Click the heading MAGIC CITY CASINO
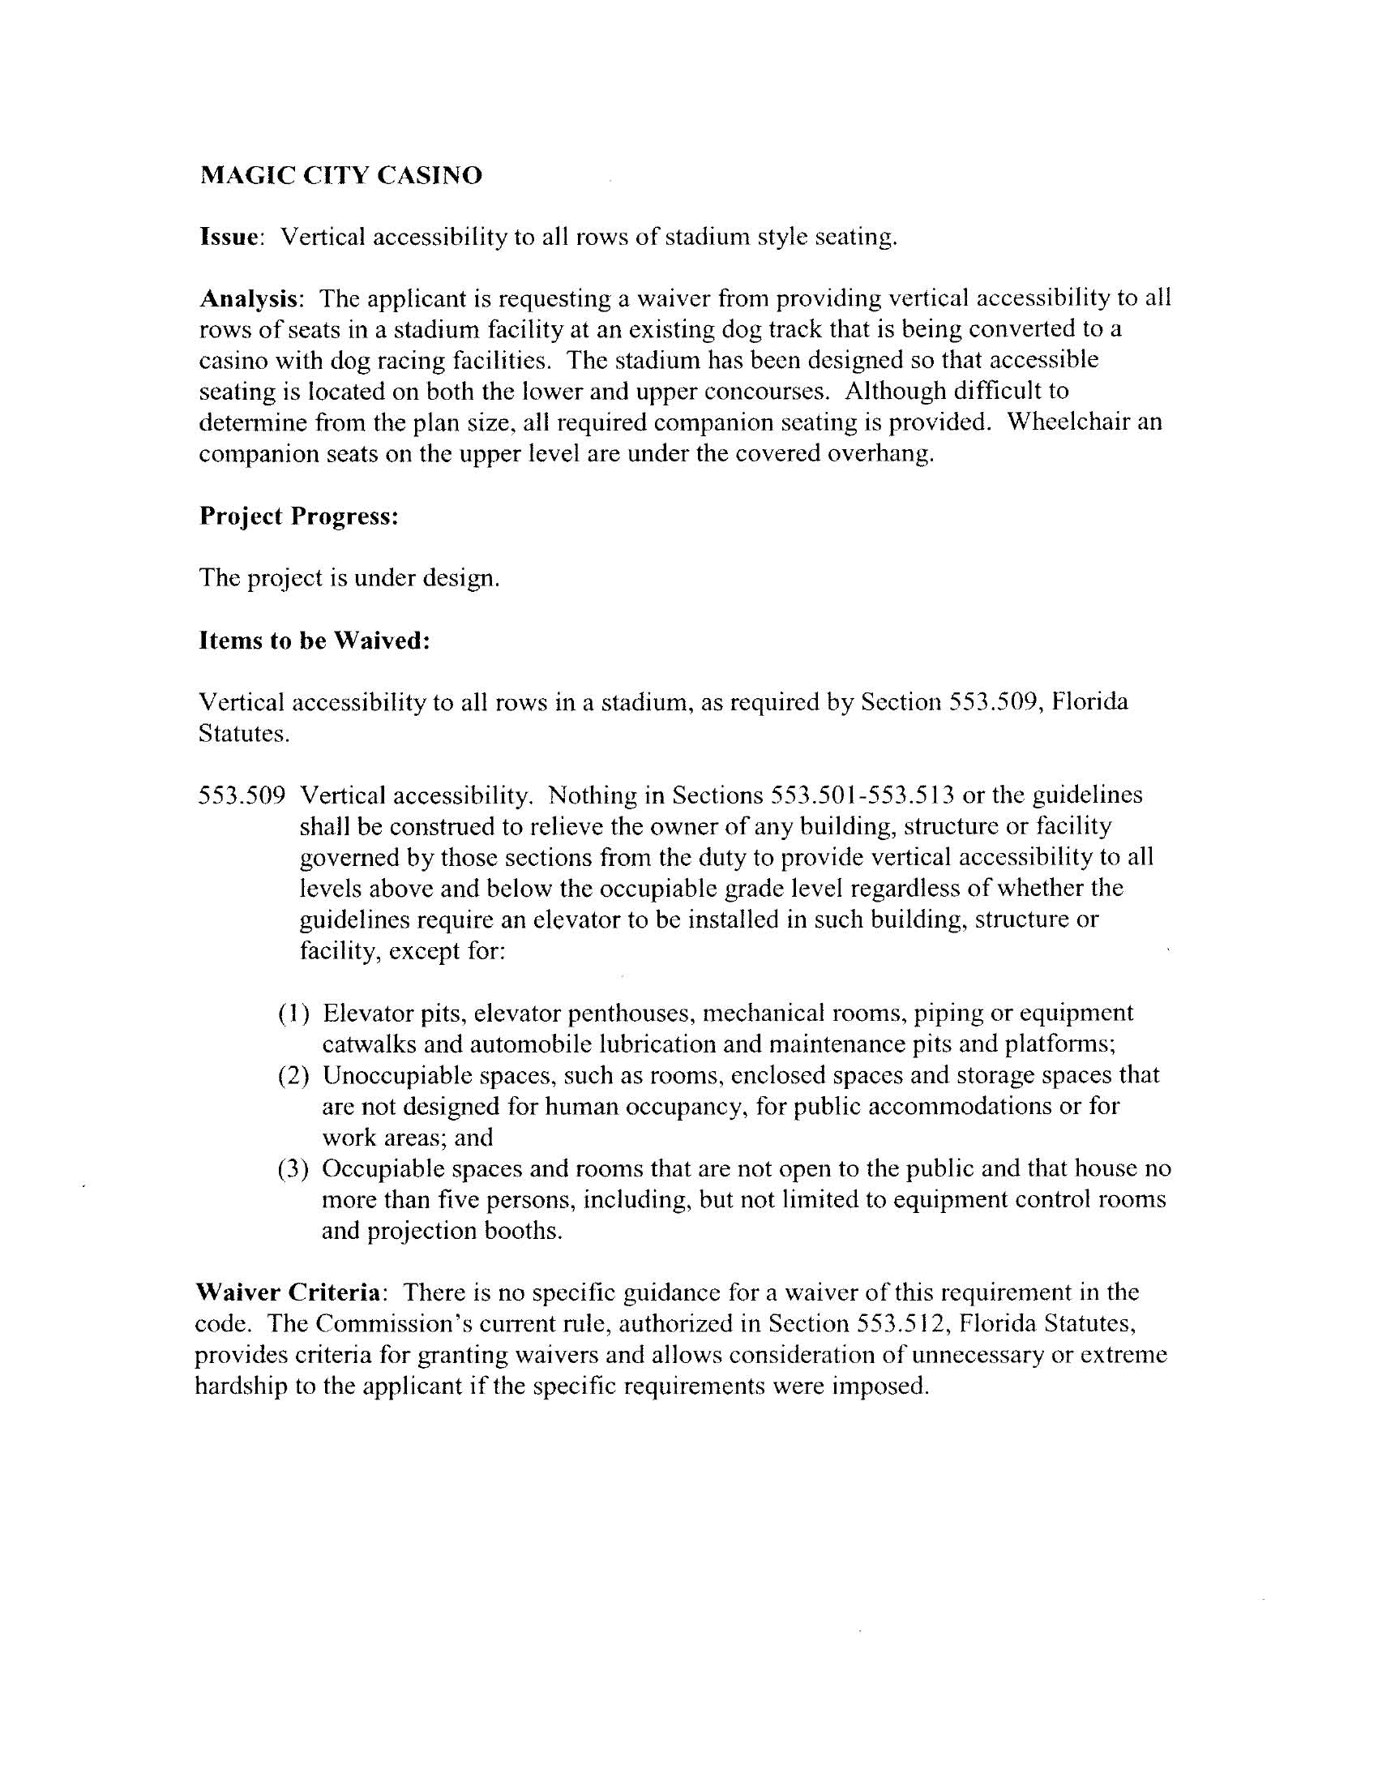(340, 175)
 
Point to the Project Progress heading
(299, 516)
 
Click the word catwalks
(367, 1044)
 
